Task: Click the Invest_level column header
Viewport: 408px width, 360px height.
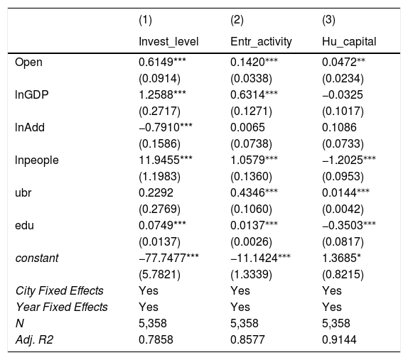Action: [x=168, y=42]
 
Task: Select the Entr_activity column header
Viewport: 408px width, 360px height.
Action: [x=261, y=42]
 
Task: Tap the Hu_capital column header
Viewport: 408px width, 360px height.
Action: [x=349, y=42]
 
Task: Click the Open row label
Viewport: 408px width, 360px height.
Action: [x=28, y=62]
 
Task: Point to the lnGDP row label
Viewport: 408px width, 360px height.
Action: [x=32, y=94]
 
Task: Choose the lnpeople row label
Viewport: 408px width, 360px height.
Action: [x=37, y=160]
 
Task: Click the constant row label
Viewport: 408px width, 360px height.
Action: [x=37, y=258]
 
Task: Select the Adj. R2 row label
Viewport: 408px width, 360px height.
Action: [x=34, y=339]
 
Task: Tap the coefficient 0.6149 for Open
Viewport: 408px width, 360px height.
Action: [x=156, y=62]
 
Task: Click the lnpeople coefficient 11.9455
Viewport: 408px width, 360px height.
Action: [x=159, y=160]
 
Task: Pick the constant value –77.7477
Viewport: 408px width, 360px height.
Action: [x=162, y=258]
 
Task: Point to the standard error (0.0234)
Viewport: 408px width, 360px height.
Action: [x=343, y=79]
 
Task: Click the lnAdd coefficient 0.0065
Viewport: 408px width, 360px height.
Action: [x=247, y=127]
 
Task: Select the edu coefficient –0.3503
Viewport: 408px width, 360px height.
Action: [x=342, y=225]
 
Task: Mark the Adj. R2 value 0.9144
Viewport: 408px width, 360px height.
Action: [x=339, y=339]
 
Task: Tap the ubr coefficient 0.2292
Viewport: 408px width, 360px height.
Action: [x=156, y=193]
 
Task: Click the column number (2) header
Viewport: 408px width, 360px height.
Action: [x=237, y=20]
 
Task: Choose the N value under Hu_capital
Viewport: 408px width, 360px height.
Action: [x=336, y=323]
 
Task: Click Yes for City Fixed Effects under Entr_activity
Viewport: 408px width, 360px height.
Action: [x=240, y=290]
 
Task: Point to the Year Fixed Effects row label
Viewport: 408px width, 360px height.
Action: [x=62, y=307]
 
